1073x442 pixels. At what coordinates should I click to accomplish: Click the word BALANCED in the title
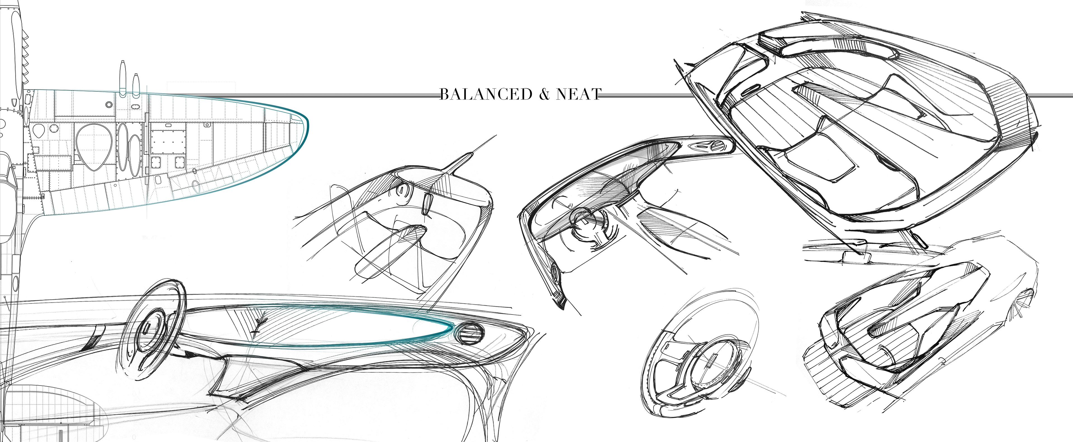(x=486, y=94)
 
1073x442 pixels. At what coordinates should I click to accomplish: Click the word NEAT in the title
(x=578, y=94)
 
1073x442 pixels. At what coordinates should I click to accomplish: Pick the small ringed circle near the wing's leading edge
(x=109, y=104)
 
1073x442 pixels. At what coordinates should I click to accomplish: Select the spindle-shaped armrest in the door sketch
(x=390, y=250)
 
